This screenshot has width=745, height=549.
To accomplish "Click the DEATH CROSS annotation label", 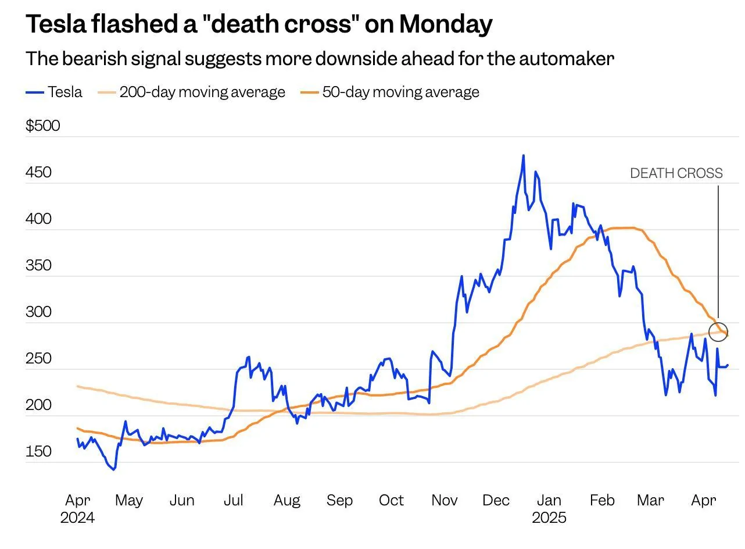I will coord(676,173).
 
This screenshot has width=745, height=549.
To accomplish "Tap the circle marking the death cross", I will coord(718,331).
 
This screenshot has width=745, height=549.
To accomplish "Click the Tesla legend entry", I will coord(55,92).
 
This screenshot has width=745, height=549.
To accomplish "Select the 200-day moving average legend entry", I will coord(192,92).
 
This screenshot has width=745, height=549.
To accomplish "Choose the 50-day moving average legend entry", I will coord(390,92).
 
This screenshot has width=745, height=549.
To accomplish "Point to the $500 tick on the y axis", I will coord(42,126).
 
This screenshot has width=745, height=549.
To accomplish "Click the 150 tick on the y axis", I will coord(38,451).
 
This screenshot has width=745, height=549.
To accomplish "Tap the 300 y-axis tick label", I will coord(38,312).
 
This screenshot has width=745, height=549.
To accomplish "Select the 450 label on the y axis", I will coord(38,172).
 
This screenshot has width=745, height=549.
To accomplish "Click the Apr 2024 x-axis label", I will coord(77,508).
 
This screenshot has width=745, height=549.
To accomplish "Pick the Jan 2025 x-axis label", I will coord(549,508).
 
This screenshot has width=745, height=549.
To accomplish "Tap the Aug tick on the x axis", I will coord(286,500).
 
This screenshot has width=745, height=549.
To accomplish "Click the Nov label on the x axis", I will coord(444,500).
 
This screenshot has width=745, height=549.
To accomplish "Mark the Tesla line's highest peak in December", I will coord(523,155).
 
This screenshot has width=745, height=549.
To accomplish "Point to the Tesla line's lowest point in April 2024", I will coord(114,469).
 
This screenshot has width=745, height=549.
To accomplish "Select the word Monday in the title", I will coord(446,24).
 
